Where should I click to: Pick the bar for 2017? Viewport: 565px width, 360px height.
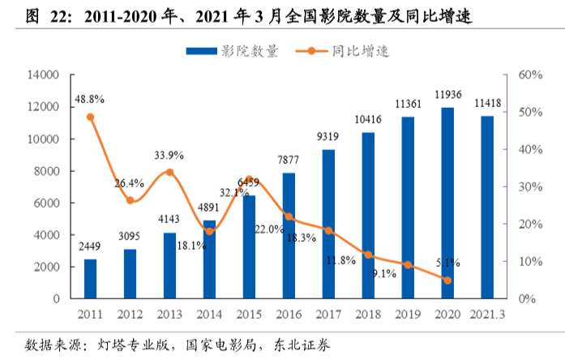[327, 224]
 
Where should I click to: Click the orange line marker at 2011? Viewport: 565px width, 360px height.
[90, 117]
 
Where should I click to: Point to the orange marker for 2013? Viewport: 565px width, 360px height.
[169, 172]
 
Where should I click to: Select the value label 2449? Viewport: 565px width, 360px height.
[90, 246]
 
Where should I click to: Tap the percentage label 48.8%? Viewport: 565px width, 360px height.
[90, 99]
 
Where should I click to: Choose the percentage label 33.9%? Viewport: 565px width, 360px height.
[169, 155]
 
